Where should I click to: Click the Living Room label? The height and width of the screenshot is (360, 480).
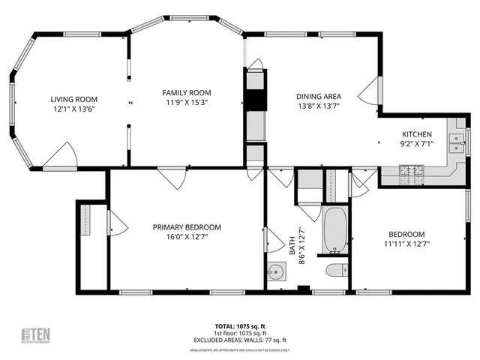pos(74,99)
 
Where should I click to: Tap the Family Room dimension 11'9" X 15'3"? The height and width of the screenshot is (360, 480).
pos(185,102)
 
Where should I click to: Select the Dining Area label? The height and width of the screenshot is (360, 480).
pos(319,96)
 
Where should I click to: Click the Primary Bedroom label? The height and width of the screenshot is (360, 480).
pos(187,227)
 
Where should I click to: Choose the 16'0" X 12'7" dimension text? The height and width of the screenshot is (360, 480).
pos(187,237)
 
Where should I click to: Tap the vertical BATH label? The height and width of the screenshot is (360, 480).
pos(293,242)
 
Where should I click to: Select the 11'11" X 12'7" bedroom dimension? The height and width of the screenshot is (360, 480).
pos(406,243)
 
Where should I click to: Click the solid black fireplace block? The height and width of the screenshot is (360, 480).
pos(256,100)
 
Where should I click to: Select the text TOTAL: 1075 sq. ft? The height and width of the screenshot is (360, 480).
pos(240,326)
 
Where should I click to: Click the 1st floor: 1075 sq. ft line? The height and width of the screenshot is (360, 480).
pos(240,333)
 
